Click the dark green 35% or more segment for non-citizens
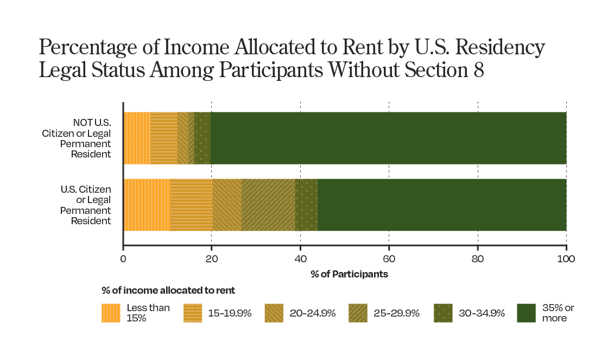coord(388,138)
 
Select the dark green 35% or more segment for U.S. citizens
coord(441,205)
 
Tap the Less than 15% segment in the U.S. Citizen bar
coord(146,205)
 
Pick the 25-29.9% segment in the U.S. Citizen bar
coord(268,205)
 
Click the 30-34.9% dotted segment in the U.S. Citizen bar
coord(306,205)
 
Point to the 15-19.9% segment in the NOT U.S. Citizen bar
coord(164,138)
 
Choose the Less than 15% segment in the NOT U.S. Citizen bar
coord(137,138)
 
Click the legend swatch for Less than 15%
coord(111,313)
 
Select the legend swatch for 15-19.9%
coord(193,313)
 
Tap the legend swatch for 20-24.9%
coord(275,313)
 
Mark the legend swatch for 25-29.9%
coord(358,313)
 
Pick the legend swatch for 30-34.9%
coord(444,313)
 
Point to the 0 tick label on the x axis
coord(123,259)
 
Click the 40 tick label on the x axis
coord(300,259)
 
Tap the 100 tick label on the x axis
coord(566,259)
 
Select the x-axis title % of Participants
coord(349,274)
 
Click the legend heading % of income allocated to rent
coord(168,290)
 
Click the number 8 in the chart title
coord(477,71)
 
